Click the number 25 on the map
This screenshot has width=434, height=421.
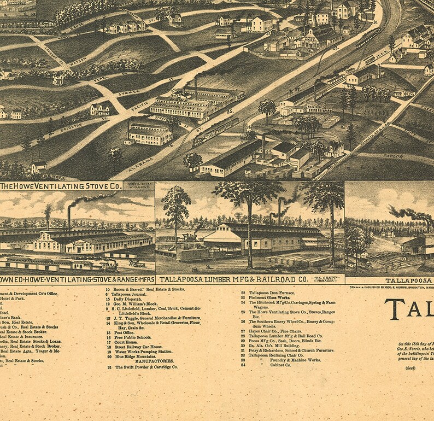tap(230, 111)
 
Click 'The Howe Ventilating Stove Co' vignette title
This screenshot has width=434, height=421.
tap(61, 186)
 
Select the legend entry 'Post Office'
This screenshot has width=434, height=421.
tap(125, 332)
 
